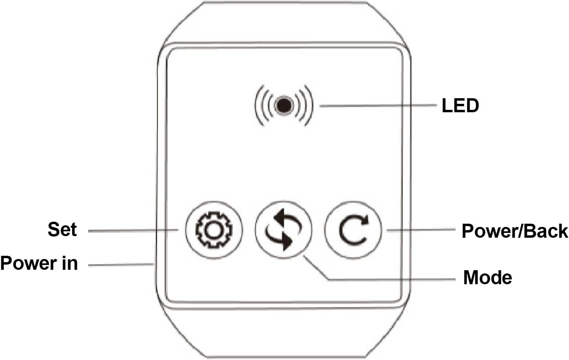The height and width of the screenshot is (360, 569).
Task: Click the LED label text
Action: click(460, 105)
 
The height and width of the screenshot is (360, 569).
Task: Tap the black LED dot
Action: click(284, 105)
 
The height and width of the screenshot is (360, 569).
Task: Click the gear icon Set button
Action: click(214, 230)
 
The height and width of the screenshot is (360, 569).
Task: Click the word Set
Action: click(62, 229)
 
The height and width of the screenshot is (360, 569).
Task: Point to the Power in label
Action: click(39, 263)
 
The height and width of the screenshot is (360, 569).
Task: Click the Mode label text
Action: click(487, 277)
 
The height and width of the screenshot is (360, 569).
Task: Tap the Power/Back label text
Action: click(515, 231)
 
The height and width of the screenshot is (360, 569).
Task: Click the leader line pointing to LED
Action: click(377, 106)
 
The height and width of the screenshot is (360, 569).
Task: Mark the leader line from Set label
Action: click(132, 231)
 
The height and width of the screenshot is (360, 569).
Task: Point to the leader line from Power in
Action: click(120, 265)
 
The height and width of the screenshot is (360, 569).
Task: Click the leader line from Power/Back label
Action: click(421, 230)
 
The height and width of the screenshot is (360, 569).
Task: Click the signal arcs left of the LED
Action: click(262, 105)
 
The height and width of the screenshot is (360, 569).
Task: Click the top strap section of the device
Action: click(284, 22)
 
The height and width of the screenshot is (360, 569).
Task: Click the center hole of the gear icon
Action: click(214, 230)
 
